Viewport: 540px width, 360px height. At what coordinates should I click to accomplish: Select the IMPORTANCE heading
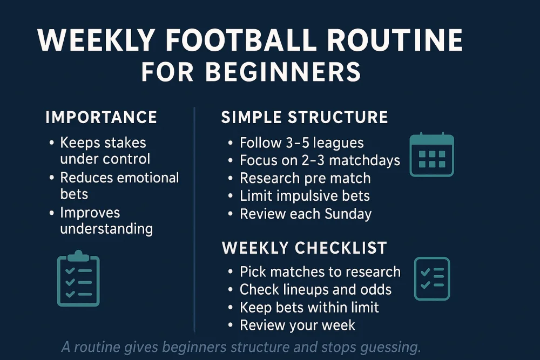(x=101, y=117)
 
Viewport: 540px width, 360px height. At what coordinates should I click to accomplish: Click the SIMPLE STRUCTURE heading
(x=305, y=117)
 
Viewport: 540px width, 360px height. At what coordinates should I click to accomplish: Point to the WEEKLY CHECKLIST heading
(x=305, y=248)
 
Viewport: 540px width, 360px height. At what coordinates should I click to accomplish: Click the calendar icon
(x=431, y=155)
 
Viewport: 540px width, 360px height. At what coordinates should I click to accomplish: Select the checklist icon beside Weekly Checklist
(x=431, y=279)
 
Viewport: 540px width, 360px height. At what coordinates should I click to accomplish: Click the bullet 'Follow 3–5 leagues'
(x=301, y=143)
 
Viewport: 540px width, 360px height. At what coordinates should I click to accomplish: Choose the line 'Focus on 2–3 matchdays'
(x=320, y=160)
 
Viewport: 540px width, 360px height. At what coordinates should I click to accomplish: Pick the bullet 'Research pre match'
(x=305, y=178)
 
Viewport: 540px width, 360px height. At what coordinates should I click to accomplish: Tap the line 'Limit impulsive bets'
(x=305, y=196)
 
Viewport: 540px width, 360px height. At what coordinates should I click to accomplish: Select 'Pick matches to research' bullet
(x=320, y=271)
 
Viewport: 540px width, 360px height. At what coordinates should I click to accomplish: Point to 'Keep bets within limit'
(x=309, y=307)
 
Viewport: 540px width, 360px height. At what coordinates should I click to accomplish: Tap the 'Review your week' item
(x=298, y=325)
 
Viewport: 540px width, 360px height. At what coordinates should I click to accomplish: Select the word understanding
(x=106, y=228)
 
